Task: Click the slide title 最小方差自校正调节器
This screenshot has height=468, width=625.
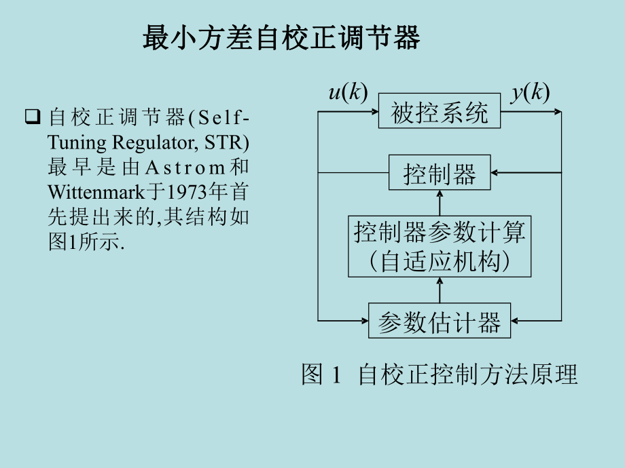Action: tap(281, 38)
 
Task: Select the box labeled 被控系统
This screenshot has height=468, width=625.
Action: tap(440, 112)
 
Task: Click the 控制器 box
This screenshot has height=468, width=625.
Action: tap(440, 174)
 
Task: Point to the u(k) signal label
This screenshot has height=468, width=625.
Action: tap(348, 93)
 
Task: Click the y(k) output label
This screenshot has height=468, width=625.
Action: tap(530, 93)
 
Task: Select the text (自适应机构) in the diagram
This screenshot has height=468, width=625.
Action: tap(440, 261)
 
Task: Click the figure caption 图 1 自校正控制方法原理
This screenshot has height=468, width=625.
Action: tap(440, 374)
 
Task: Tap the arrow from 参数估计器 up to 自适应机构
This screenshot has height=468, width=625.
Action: tap(440, 290)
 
